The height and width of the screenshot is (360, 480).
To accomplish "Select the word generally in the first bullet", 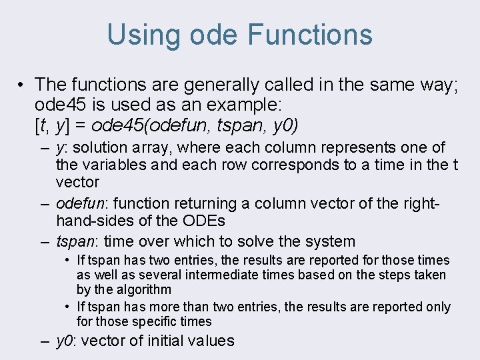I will click(209, 85).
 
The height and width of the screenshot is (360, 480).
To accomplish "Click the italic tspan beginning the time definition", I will click(74, 241).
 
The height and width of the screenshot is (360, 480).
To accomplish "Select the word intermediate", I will click(217, 275).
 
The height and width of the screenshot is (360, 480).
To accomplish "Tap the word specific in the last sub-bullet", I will click(157, 321).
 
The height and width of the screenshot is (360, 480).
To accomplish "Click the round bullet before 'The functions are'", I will click(22, 85).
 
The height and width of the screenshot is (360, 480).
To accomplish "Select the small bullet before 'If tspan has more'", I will click(69, 307).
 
